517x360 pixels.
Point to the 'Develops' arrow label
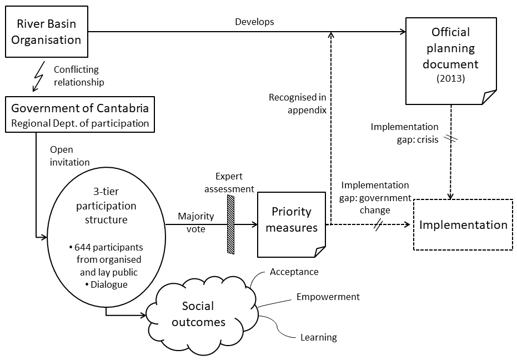pos(254,22)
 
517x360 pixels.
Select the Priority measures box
pos(292,224)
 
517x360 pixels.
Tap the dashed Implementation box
pos(463,225)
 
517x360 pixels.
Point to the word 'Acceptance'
pos(294,272)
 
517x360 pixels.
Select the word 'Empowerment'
pos(328,297)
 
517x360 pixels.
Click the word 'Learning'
pos(318,337)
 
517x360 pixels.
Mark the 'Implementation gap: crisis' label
pos(404,133)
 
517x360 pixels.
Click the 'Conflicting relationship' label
pos(79,76)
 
